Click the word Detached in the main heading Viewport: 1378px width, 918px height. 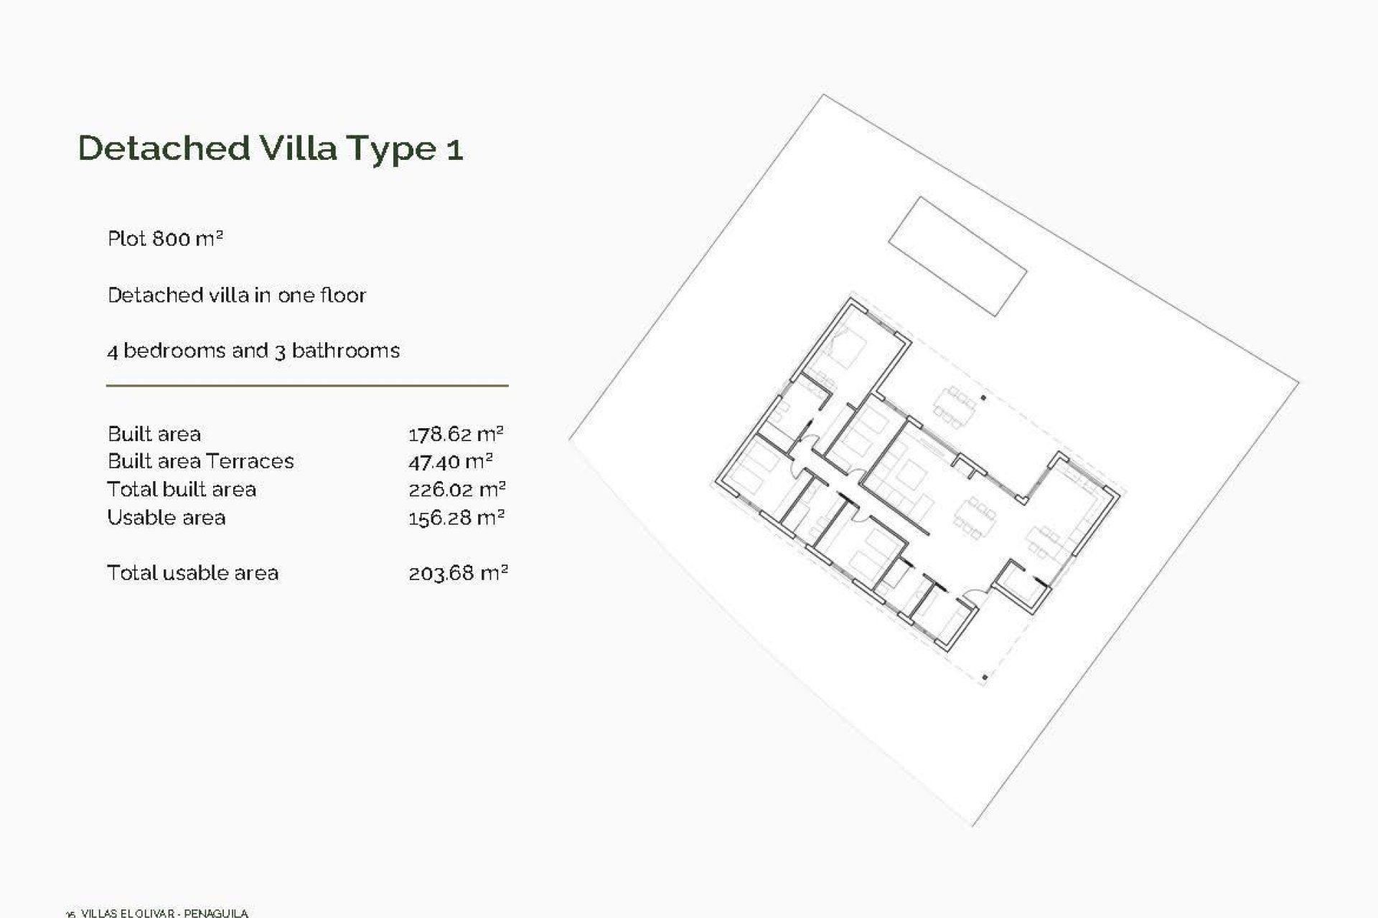click(164, 148)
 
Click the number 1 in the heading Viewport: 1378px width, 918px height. click(454, 149)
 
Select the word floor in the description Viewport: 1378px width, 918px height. click(343, 295)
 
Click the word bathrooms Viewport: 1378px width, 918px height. click(345, 351)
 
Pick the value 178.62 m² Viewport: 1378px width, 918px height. click(456, 434)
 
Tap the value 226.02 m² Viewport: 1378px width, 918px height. click(457, 490)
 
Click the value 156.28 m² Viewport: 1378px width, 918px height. click(456, 518)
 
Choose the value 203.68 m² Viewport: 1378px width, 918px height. click(458, 573)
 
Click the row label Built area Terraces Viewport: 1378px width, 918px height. click(200, 461)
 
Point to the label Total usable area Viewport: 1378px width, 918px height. click(192, 573)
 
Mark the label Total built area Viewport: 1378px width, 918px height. click(182, 490)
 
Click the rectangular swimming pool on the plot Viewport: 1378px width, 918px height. click(957, 256)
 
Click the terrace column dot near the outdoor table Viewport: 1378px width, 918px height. click(983, 397)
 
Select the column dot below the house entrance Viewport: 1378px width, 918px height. click(985, 676)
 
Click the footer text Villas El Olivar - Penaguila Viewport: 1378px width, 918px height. click(164, 913)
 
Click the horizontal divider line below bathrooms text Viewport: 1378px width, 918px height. click(307, 386)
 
